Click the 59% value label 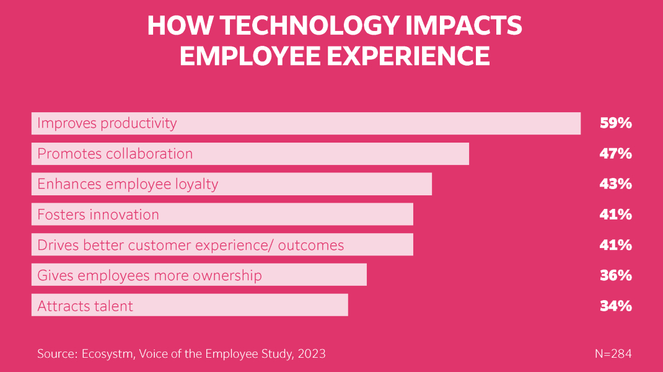[615, 123]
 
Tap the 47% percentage [615, 154]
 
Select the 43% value [615, 184]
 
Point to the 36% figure [615, 275]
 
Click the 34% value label [615, 306]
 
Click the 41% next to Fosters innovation [615, 215]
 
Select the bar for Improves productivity [372, 123]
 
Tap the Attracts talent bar [248, 306]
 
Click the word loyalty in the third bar [196, 184]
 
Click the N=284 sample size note [613, 354]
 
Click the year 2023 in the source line [311, 354]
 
